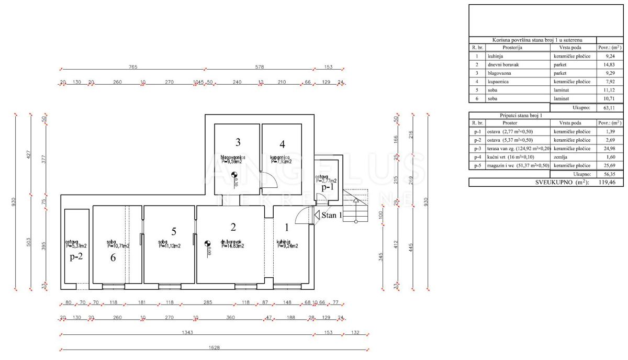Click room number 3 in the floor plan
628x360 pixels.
[238, 142]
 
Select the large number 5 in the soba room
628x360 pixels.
[173, 231]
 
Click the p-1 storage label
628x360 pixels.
[328, 186]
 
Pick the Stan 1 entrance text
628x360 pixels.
[332, 215]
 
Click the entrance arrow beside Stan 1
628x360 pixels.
[317, 215]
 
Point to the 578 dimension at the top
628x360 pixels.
[260, 67]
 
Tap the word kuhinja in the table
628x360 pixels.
[495, 56]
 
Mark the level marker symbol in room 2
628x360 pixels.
[208, 243]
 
